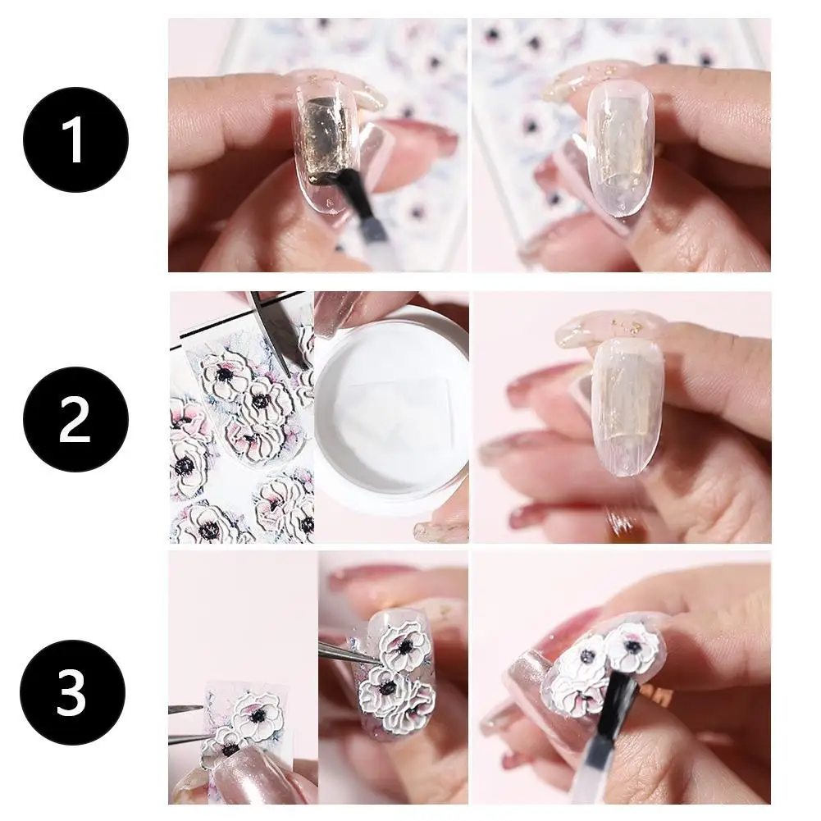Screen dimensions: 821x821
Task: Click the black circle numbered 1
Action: pyautogui.click(x=75, y=139)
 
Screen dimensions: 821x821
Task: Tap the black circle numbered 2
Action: pyautogui.click(x=75, y=419)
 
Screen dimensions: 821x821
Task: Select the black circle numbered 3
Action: pyautogui.click(x=73, y=692)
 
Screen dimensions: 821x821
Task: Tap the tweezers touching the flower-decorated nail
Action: pyautogui.click(x=349, y=650)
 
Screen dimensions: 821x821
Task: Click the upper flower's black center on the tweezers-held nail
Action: pyautogui.click(x=404, y=649)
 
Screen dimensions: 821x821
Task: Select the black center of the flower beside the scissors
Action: pyautogui.click(x=226, y=374)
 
